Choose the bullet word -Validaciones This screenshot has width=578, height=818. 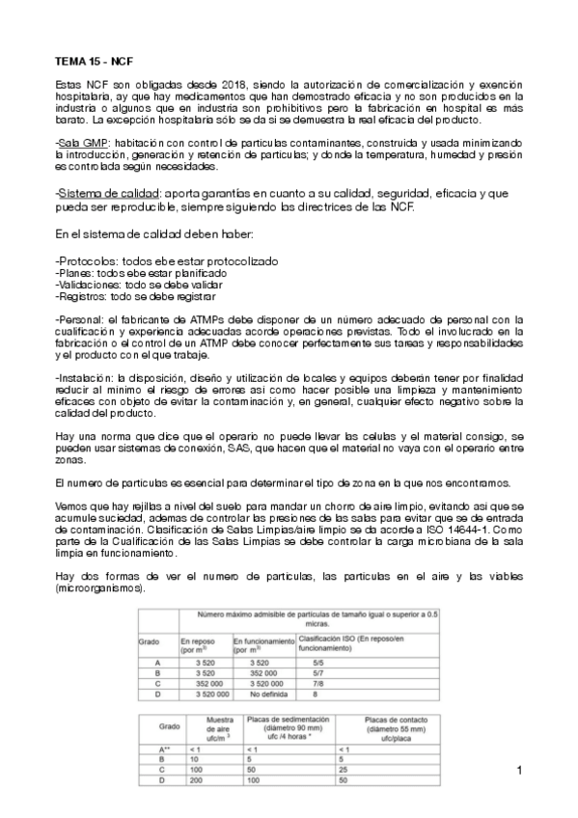(87, 286)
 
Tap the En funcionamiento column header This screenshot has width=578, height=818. (261, 640)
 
